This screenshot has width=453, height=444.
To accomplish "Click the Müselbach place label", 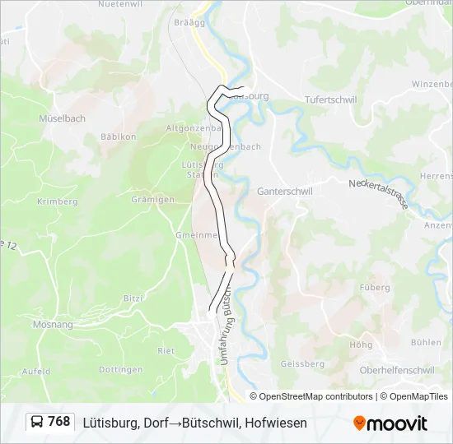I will [62, 118].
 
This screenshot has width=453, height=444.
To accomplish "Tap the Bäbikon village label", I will [118, 136].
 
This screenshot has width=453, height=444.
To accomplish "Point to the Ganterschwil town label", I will [285, 190].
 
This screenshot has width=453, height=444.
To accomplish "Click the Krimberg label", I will [57, 201].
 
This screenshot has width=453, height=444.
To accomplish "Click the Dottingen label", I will [121, 370].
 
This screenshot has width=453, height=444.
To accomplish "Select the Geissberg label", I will [302, 363].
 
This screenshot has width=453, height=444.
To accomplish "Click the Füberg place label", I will [374, 288].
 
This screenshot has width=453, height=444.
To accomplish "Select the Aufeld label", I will [36, 372].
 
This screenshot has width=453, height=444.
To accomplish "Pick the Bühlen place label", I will [426, 342].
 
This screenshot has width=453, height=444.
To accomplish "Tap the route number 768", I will [59, 422].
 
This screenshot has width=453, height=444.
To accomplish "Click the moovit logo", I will [390, 423].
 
